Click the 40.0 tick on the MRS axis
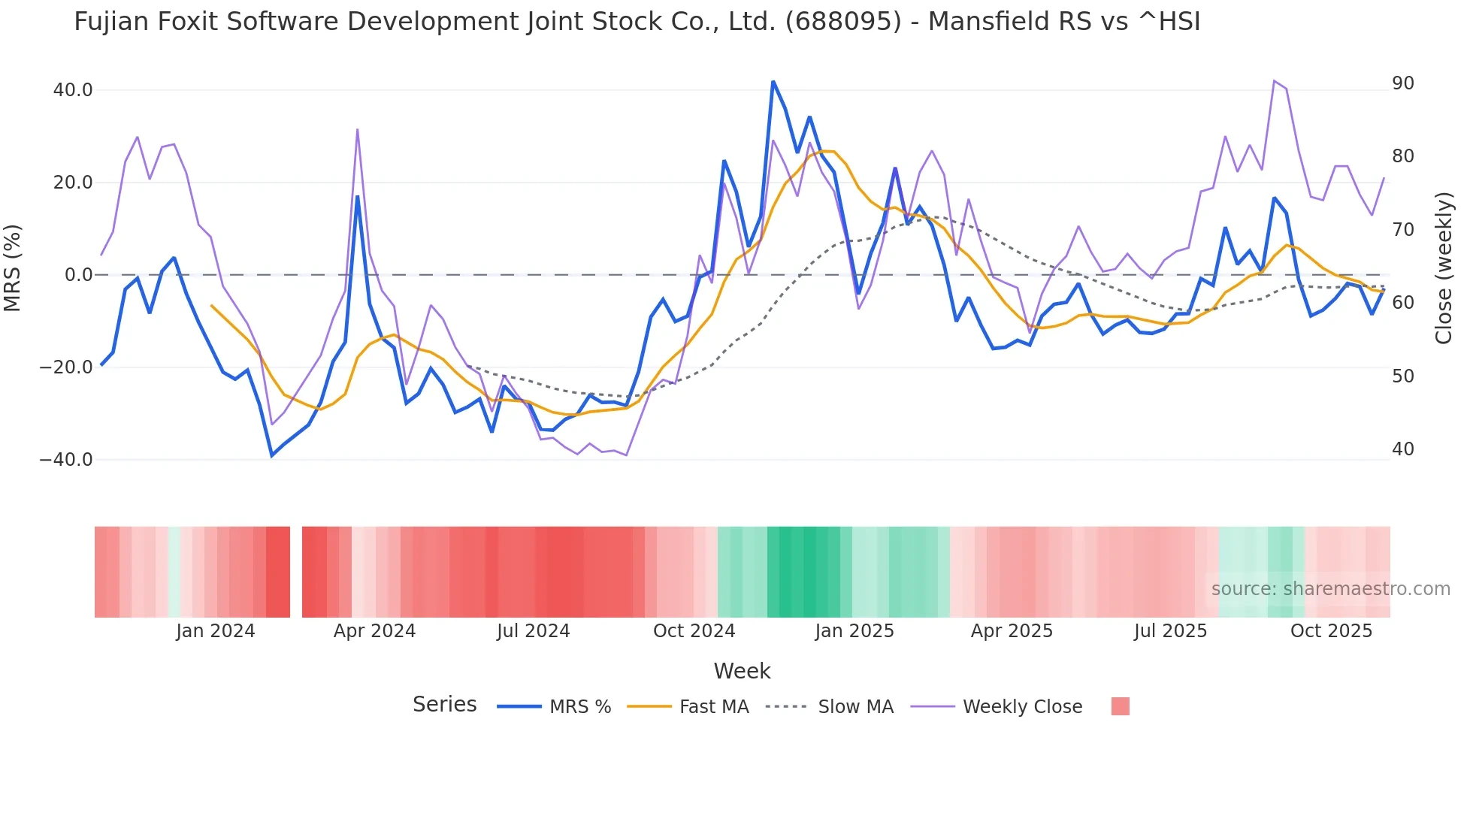tap(72, 90)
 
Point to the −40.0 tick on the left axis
tap(66, 459)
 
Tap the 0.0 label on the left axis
tap(78, 275)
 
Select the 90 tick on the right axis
tap(1402, 83)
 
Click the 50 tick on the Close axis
tap(1402, 376)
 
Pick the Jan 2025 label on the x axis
tap(854, 631)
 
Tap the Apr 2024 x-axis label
tap(374, 631)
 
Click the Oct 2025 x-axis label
tap(1331, 631)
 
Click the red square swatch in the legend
tap(1120, 706)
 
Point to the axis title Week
tap(742, 671)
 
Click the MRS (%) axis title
tap(13, 268)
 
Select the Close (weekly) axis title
tap(1443, 268)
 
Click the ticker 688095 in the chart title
tap(843, 22)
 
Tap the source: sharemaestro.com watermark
tap(1330, 589)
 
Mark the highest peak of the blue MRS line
tap(773, 81)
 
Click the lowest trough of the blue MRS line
tap(272, 455)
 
